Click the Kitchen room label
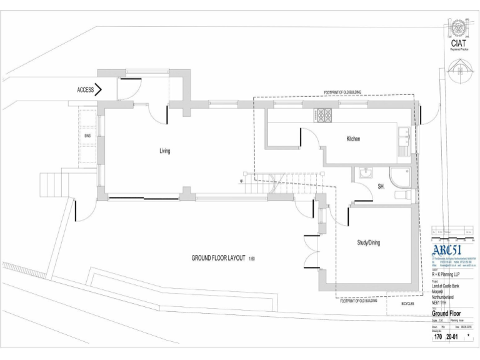tap(353, 139)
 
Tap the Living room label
tap(164, 151)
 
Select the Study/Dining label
tap(369, 242)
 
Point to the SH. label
tap(381, 187)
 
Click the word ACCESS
tap(86, 90)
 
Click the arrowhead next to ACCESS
tap(99, 90)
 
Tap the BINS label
tap(87, 135)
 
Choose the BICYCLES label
tap(407, 305)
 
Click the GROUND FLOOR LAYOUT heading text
tap(218, 258)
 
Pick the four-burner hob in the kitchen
tap(325, 115)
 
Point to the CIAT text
tap(458, 44)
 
